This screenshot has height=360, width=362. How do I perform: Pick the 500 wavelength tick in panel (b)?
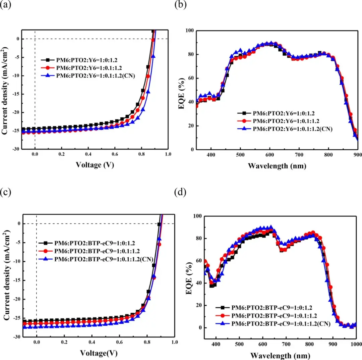point(240,155)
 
